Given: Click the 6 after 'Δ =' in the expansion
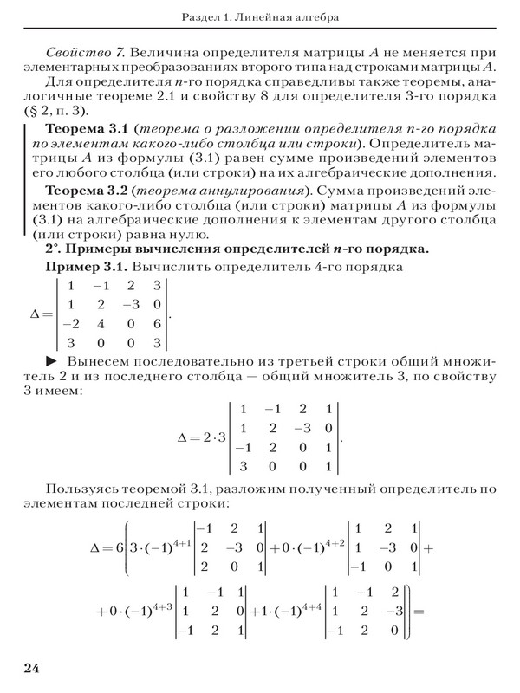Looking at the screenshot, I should (x=119, y=548).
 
